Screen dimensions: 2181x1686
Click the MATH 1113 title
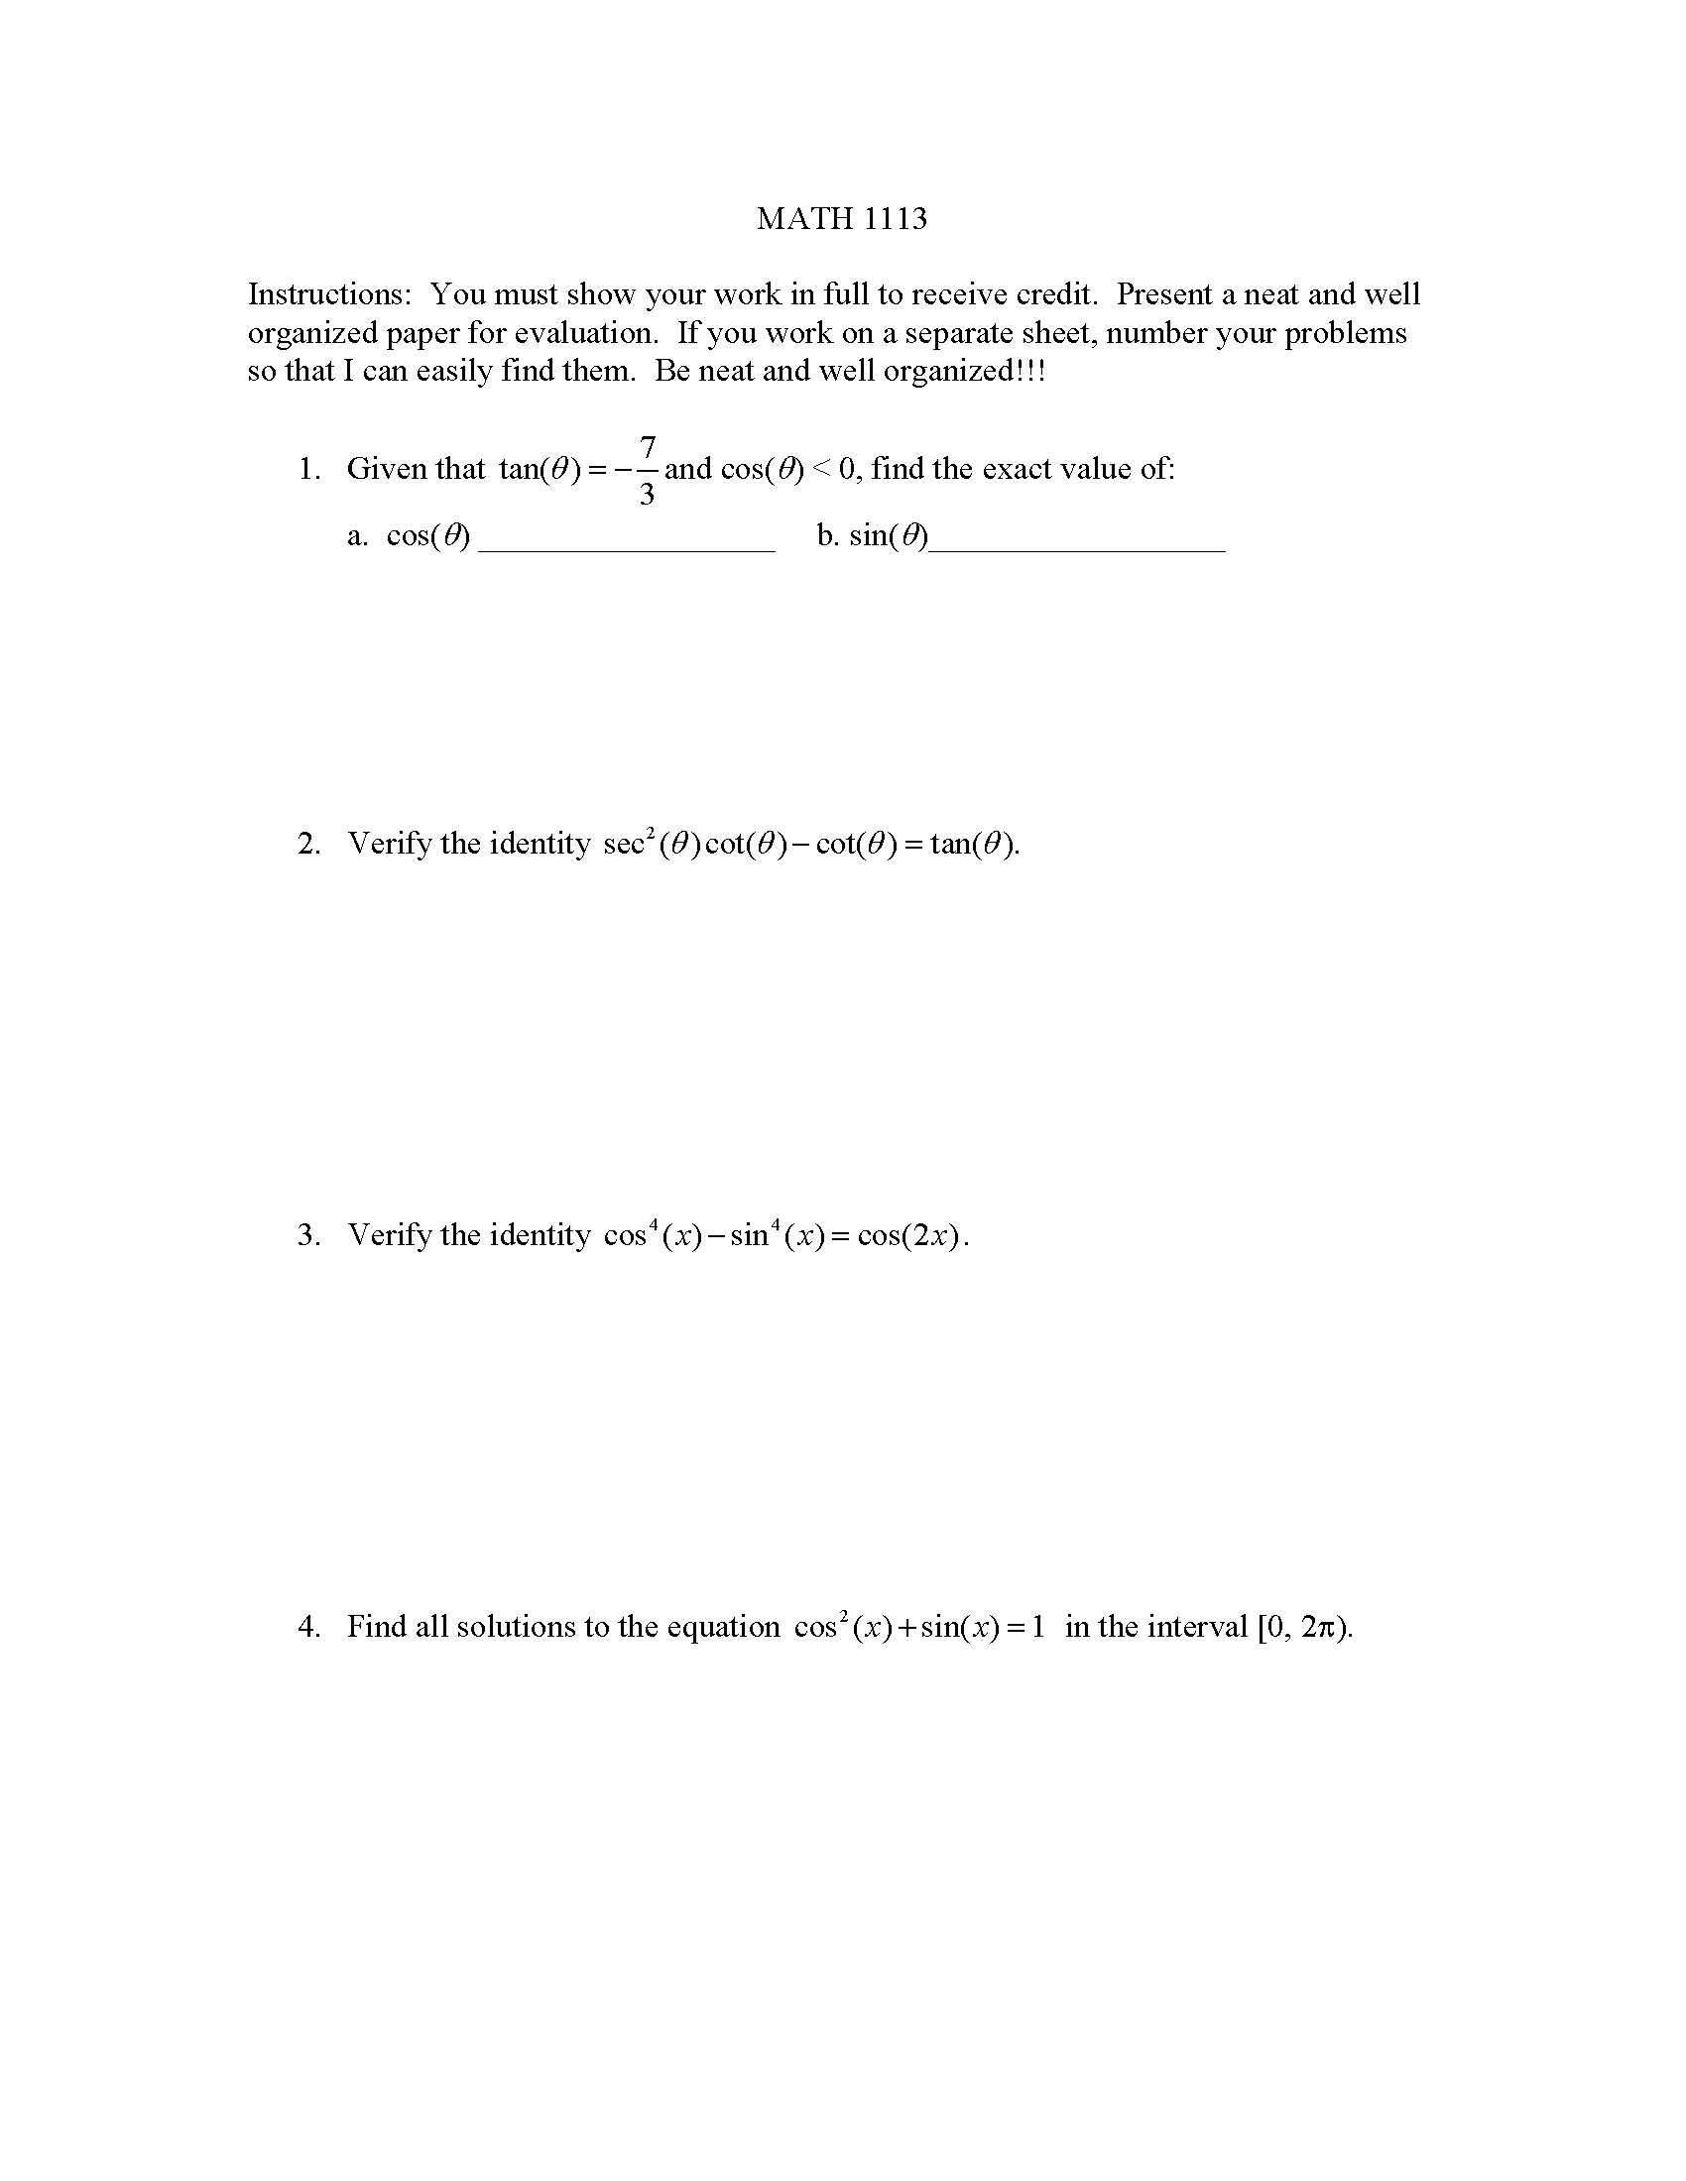[841, 218]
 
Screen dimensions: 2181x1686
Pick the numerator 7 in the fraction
[648, 445]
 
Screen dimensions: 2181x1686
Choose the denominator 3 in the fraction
[647, 494]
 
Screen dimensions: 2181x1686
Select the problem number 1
[308, 468]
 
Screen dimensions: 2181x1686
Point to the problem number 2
[308, 844]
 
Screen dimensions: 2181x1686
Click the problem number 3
[308, 1235]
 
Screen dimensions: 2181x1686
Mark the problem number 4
[308, 1627]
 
